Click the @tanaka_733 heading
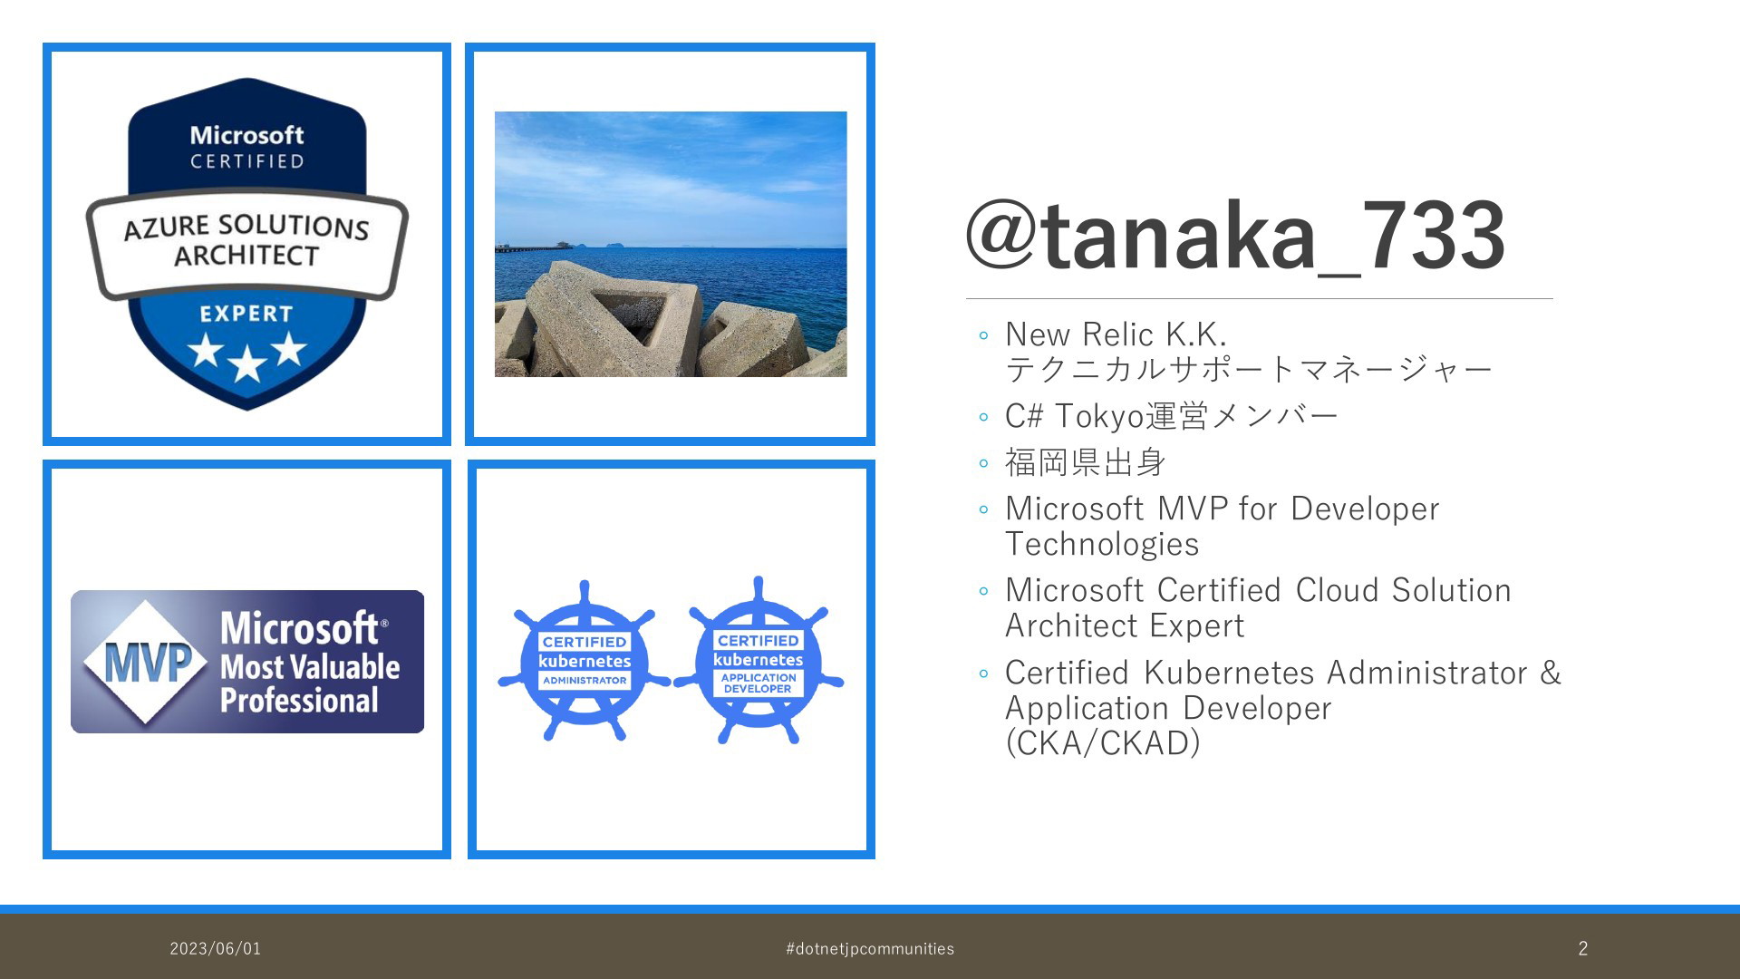coord(1235,236)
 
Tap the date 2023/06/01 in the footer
coord(216,949)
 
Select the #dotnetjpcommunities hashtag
coord(870,949)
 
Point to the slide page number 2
coord(1583,949)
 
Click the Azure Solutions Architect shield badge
coord(246,245)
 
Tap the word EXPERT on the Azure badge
coord(246,314)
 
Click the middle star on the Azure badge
coord(246,365)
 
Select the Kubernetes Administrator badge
coord(585,661)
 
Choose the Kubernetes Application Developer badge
coord(759,661)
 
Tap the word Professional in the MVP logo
coord(299,701)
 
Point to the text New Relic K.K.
coord(1116,334)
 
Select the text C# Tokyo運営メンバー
coord(1172,416)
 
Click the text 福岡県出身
coord(1085,462)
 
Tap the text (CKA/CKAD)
coord(1103,743)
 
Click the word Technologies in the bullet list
coord(1102,544)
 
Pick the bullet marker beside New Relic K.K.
coord(984,336)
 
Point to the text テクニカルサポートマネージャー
coord(1249,370)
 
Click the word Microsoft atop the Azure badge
coord(246,135)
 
